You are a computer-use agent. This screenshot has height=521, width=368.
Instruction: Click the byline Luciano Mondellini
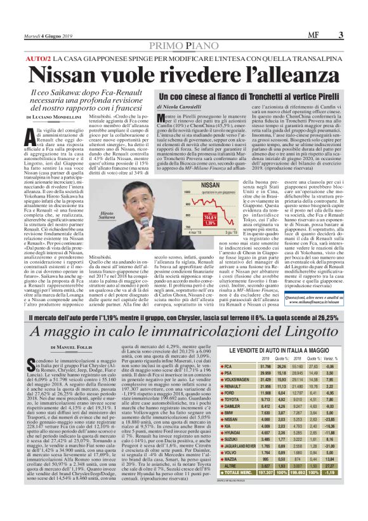click(x=62, y=118)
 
